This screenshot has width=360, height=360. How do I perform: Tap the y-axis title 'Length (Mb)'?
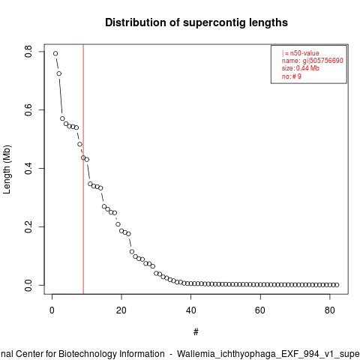click(7, 169)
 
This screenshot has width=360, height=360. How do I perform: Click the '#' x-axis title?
click(196, 332)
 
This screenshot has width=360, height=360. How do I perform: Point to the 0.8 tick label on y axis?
click(28, 52)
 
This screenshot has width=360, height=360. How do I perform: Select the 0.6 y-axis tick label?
click(28, 110)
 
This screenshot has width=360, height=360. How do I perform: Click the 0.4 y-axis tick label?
click(28, 169)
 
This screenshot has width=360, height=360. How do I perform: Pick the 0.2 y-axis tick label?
click(28, 226)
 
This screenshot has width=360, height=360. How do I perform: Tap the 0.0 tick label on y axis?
click(28, 285)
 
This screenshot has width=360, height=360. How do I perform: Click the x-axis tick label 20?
click(121, 310)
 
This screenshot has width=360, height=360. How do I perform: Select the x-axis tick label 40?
click(190, 310)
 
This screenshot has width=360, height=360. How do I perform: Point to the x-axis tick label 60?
click(260, 310)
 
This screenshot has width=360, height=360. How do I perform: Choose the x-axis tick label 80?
click(330, 310)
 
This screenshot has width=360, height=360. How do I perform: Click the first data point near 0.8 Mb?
click(55, 53)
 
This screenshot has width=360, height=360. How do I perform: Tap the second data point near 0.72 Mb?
click(59, 73)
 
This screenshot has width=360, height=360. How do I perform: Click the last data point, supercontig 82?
click(337, 285)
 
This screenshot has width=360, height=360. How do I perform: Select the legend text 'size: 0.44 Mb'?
click(301, 68)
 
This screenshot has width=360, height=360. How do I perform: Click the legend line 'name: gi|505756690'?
click(313, 61)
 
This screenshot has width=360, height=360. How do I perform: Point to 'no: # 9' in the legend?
click(292, 76)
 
